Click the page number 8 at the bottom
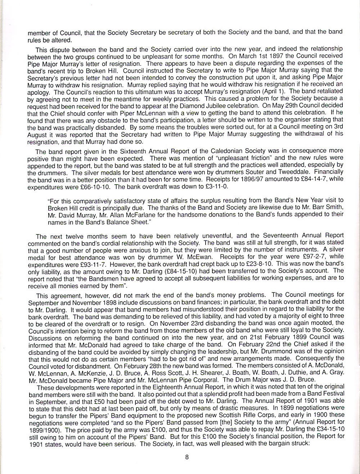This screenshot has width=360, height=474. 187,457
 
